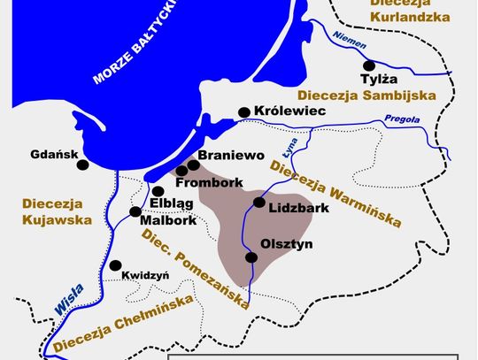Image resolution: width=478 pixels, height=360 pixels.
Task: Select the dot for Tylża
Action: pos(369,65)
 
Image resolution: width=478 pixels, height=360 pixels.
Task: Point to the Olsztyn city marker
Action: pos(251,257)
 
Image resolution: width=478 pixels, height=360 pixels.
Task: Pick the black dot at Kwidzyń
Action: pos(114,264)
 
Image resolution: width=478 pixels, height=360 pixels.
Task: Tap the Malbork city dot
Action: pos(135,212)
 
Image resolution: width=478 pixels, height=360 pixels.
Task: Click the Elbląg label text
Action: pos(173,203)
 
